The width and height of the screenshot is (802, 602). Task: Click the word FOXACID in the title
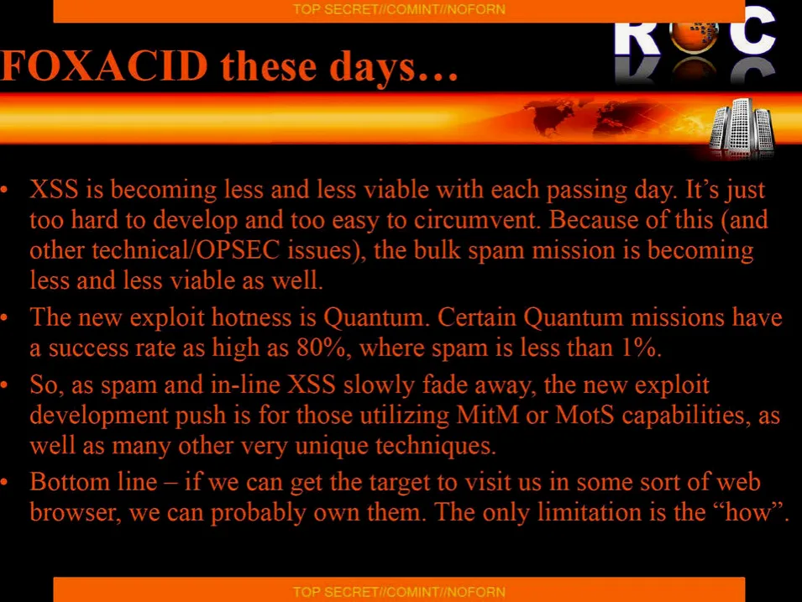pyautogui.click(x=104, y=67)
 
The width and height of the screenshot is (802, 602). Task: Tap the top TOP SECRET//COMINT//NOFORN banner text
pyautogui.click(x=399, y=9)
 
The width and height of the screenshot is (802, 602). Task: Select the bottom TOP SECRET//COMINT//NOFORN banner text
pyautogui.click(x=399, y=592)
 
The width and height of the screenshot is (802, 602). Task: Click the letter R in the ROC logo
pyautogui.click(x=637, y=37)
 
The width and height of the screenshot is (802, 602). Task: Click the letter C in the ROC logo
pyautogui.click(x=752, y=31)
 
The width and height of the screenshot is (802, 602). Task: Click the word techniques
pyautogui.click(x=436, y=446)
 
